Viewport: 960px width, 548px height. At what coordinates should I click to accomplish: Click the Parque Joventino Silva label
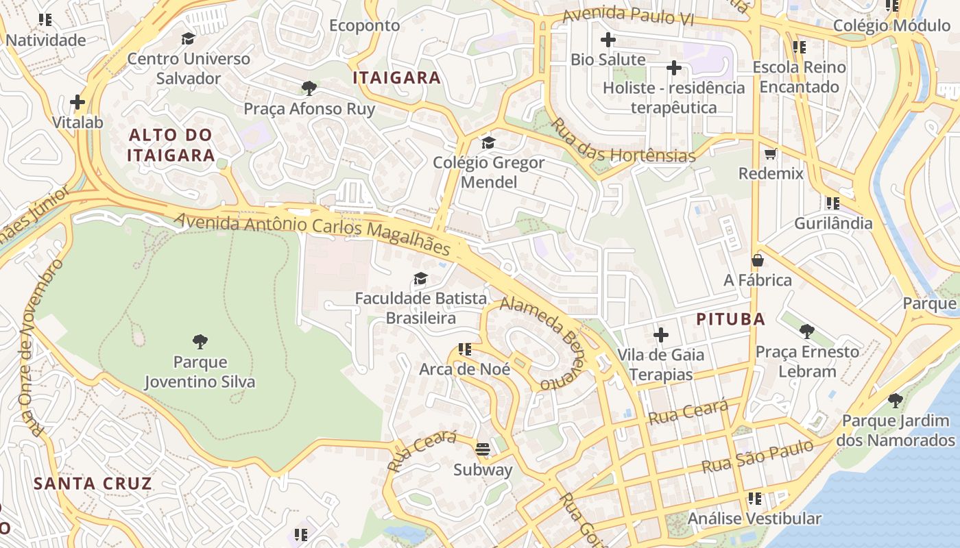pos(200,372)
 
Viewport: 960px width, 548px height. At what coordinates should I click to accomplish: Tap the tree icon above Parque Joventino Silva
pos(200,341)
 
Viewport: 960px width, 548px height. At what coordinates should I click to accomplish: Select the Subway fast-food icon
pos(483,449)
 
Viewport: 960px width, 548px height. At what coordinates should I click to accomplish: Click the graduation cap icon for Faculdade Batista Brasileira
pos(420,279)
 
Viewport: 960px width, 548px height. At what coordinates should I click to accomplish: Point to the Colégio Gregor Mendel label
pos(488,173)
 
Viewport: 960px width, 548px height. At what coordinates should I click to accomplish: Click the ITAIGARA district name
pos(397,78)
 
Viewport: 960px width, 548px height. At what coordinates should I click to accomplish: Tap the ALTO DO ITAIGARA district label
pos(171,145)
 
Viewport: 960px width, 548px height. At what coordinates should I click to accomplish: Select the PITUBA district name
pos(731,319)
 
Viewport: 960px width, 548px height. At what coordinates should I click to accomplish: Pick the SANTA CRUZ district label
pos(93,484)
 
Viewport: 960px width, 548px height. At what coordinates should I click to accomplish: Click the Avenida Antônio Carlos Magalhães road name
pos(312,234)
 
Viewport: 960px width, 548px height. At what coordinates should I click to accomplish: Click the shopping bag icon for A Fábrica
pos(758,260)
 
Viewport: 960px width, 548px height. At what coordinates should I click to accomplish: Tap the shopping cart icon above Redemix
pos(771,153)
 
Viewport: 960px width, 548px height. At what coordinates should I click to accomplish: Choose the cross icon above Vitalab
pos(77,103)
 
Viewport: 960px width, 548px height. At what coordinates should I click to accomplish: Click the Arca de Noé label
pos(465,369)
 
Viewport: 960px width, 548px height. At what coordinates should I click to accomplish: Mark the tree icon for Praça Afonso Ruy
pos(309,88)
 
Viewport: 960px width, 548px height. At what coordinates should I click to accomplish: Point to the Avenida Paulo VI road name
pos(628,16)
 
